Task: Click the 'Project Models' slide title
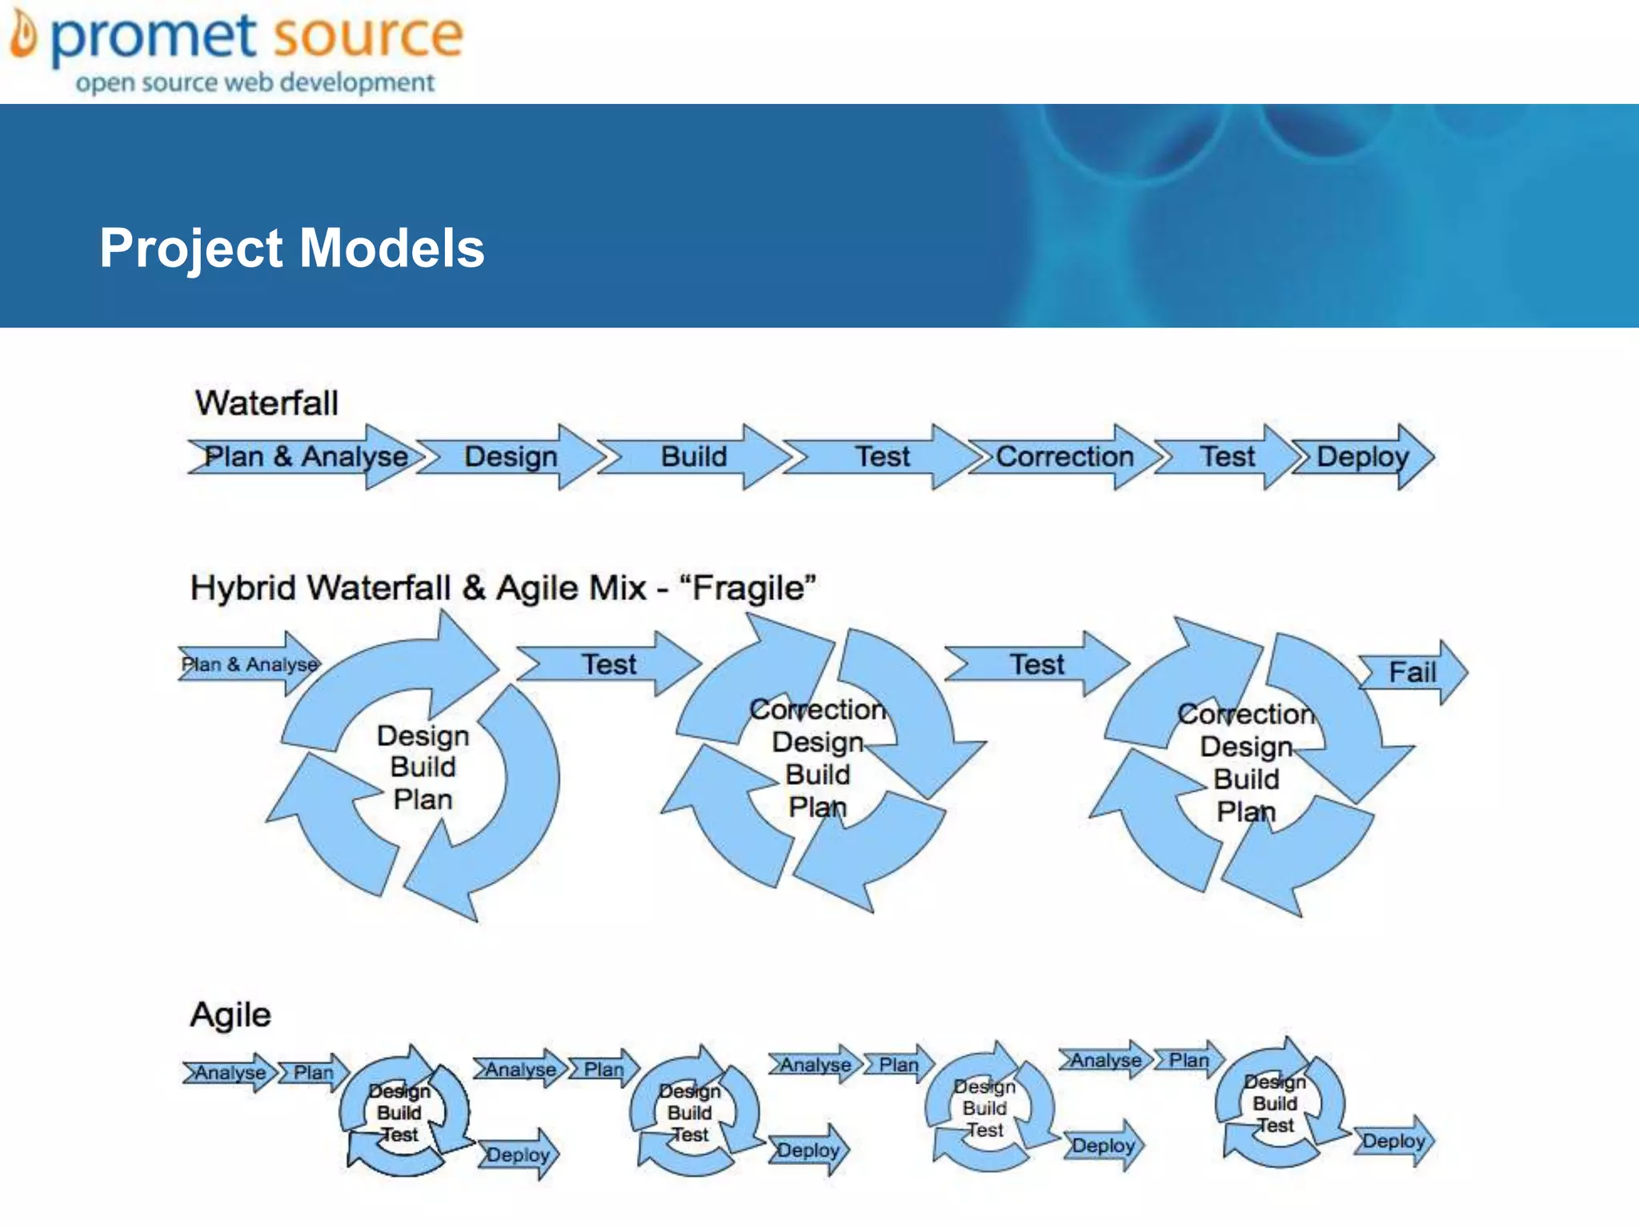291,247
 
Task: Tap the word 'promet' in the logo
154,36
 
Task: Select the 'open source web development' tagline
254,82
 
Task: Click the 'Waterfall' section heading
266,402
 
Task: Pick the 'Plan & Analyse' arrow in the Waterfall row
305,457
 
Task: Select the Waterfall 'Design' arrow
511,457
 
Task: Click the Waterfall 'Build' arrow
693,457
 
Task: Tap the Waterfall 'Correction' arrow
1064,457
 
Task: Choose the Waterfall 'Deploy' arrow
1363,457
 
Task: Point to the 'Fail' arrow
1413,672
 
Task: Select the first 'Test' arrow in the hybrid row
608,664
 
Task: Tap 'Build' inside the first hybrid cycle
423,767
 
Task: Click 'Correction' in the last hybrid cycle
1245,714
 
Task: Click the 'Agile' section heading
230,1015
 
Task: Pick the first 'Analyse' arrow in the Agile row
230,1072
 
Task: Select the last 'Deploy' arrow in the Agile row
1393,1141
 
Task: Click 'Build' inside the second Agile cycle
689,1113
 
